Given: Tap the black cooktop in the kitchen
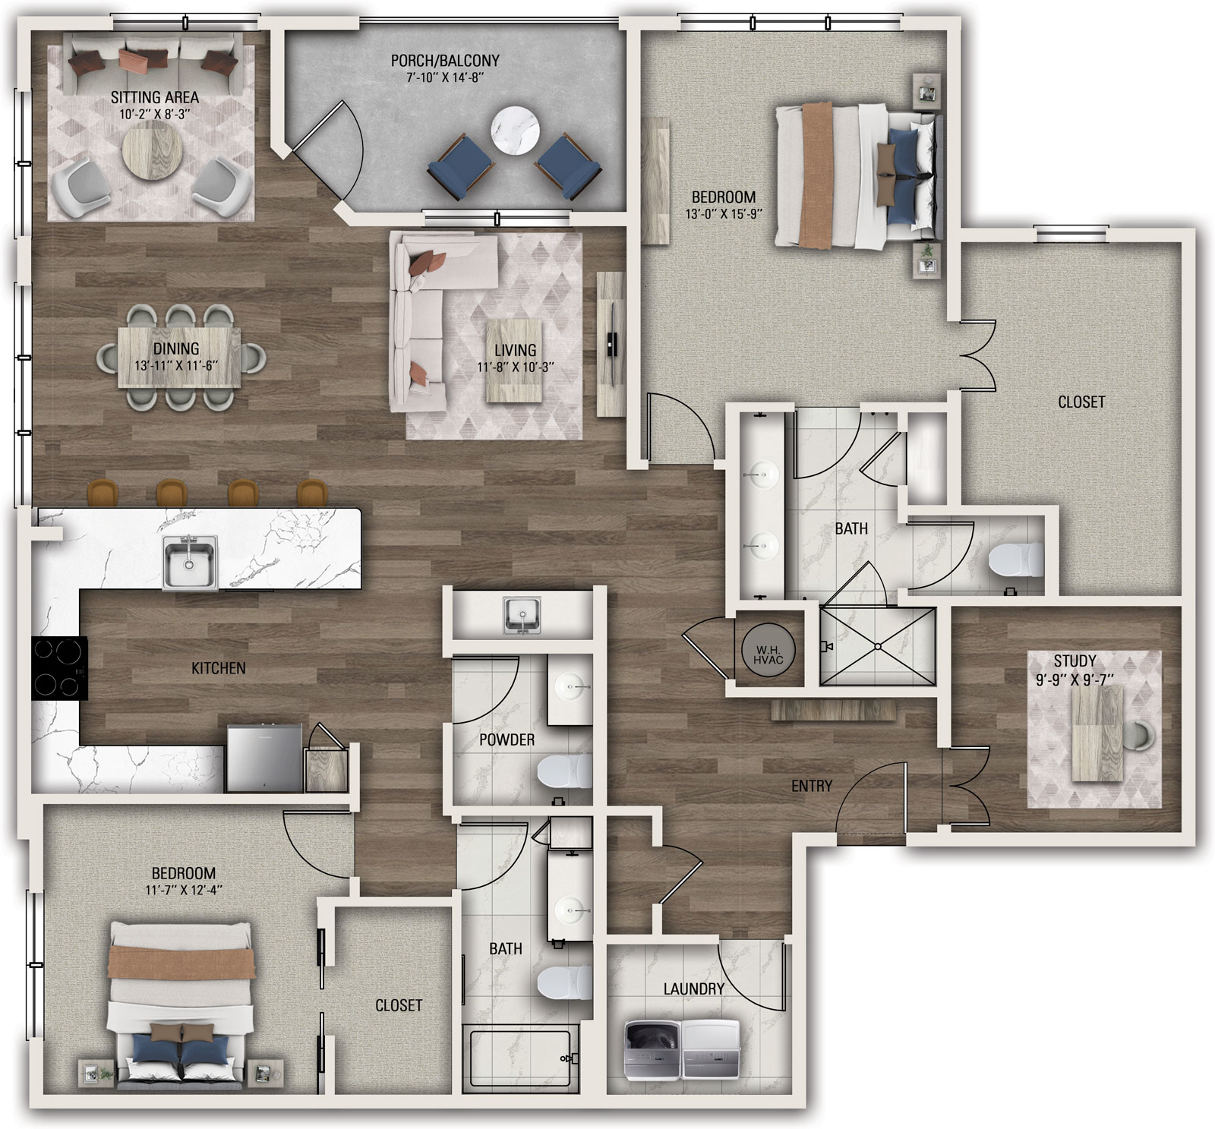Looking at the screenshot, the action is (59, 668).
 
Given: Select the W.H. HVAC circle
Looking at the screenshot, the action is (768, 650).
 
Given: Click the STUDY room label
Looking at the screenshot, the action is (1075, 661).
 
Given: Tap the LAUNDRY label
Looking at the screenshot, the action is (693, 989).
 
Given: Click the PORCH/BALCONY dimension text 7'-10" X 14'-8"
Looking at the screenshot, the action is (445, 77).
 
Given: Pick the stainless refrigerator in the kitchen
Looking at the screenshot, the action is (264, 758).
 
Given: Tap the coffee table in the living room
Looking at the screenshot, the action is (514, 361).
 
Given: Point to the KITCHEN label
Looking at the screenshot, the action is (219, 668).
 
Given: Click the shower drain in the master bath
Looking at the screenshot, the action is (878, 647).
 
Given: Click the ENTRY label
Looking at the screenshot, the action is (812, 786).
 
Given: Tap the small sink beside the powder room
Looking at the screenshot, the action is (522, 614).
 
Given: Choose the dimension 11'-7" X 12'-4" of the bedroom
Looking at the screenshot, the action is (183, 890).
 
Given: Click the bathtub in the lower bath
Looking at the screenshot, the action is (521, 1058).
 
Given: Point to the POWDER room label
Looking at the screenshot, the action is (507, 740).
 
